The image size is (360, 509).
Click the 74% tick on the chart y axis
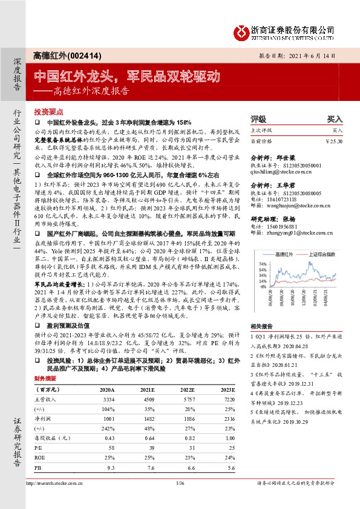264,264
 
